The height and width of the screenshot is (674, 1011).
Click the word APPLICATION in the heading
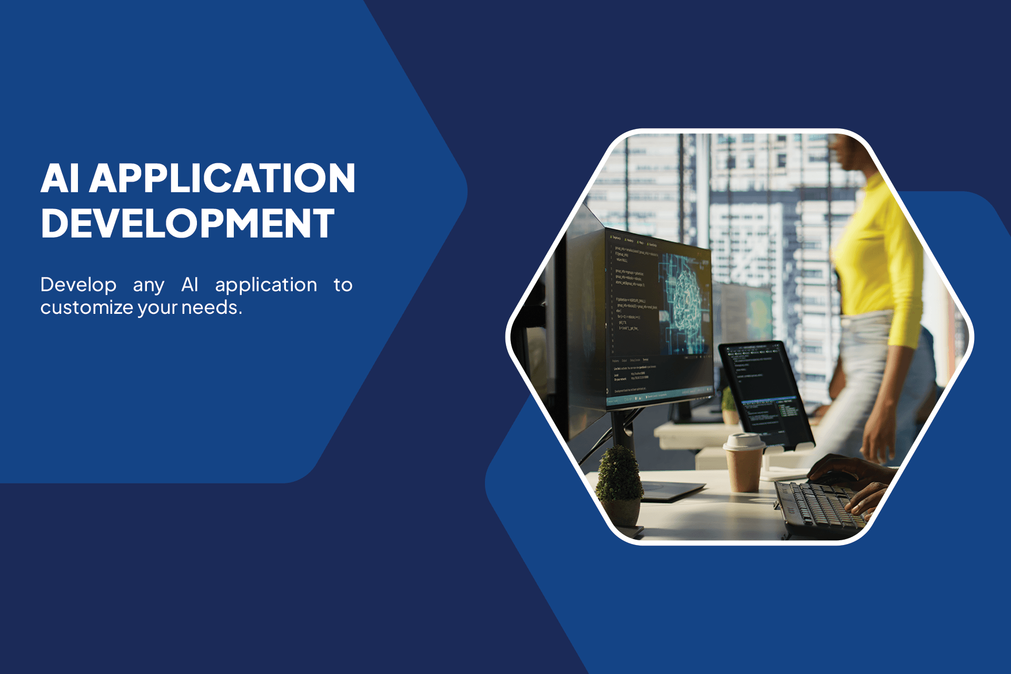(222, 178)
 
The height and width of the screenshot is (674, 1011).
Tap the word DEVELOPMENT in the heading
(187, 223)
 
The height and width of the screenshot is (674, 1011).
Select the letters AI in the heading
(60, 178)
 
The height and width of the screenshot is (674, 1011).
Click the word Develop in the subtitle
(78, 285)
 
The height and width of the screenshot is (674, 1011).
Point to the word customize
(86, 308)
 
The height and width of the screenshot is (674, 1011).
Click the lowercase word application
(266, 285)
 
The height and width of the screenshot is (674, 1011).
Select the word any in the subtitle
(148, 285)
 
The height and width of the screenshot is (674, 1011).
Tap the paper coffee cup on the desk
(744, 466)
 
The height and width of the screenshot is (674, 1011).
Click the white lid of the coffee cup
(744, 441)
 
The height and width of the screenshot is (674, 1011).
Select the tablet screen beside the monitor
(764, 390)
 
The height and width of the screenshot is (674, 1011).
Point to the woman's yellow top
(879, 253)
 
